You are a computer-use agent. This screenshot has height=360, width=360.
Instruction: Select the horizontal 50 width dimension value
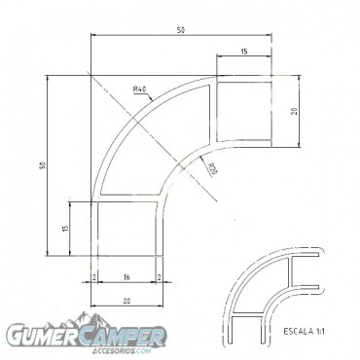pos(181,31)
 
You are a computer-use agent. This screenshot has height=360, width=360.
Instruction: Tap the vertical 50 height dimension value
pos(42,165)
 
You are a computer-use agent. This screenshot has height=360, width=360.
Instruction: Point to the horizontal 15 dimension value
pos(242,51)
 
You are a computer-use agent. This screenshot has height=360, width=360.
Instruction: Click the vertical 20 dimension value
pos(293,112)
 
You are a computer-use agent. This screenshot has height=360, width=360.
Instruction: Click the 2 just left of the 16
pos(93,278)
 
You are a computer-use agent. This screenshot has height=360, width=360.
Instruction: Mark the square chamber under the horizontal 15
pos(242,113)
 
